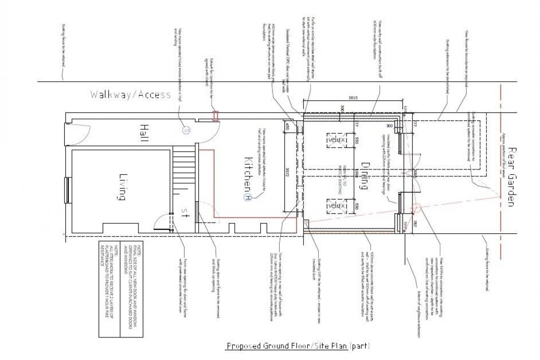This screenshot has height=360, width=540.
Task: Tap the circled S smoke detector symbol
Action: (x=186, y=130)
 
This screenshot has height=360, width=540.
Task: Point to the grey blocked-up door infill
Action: (x=197, y=211)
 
